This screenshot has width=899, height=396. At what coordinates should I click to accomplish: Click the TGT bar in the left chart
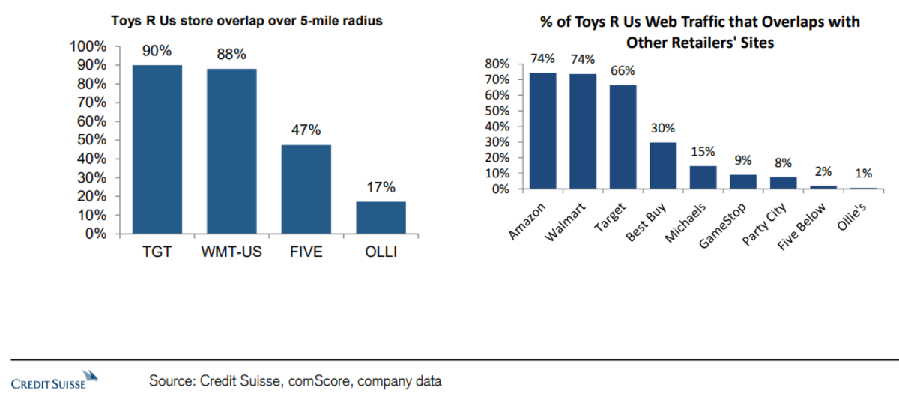[x=157, y=150]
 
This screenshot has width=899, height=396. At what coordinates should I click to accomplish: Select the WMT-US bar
[x=231, y=151]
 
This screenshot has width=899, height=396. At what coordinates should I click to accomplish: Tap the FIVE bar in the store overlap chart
[x=306, y=189]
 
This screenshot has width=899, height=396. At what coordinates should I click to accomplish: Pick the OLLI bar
[x=381, y=217]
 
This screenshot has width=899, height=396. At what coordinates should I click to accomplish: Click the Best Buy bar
[x=662, y=165]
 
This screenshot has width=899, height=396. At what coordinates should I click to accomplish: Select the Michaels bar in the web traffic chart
[x=702, y=177]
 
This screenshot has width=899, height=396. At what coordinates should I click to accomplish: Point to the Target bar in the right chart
[x=623, y=138]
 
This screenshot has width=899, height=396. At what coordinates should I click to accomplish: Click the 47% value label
[x=306, y=130]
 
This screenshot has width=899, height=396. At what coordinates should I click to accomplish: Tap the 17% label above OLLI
[x=381, y=187]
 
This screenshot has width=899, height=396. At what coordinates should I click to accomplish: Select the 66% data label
[x=623, y=71]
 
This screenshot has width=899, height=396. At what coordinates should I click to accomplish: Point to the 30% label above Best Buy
[x=662, y=128]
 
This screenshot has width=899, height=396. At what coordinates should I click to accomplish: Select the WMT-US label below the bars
[x=231, y=252]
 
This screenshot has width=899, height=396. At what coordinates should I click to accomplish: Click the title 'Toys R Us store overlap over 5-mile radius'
[x=247, y=21]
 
